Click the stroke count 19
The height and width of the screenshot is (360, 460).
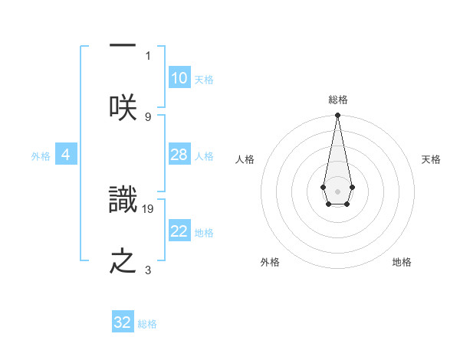point(148,208)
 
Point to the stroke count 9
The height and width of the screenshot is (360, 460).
point(148,116)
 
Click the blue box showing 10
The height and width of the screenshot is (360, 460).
point(179,78)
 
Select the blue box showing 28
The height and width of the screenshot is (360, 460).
point(179,155)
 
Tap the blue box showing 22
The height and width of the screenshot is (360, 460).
point(179,231)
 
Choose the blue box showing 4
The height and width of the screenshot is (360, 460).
point(66,155)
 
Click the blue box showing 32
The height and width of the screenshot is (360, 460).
point(123,322)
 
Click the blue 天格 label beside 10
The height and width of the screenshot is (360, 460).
point(204,80)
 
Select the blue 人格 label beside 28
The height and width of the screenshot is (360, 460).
point(204,156)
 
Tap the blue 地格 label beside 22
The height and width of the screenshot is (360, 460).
point(204,233)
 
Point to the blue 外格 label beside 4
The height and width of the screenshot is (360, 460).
point(41,156)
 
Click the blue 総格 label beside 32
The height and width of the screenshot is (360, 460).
point(147,324)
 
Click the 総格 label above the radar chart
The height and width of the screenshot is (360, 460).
point(338,100)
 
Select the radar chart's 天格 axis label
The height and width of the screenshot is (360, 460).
point(431,159)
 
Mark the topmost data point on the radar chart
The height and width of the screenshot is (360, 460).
point(337,116)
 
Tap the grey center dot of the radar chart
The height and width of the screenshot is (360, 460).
point(337,190)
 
